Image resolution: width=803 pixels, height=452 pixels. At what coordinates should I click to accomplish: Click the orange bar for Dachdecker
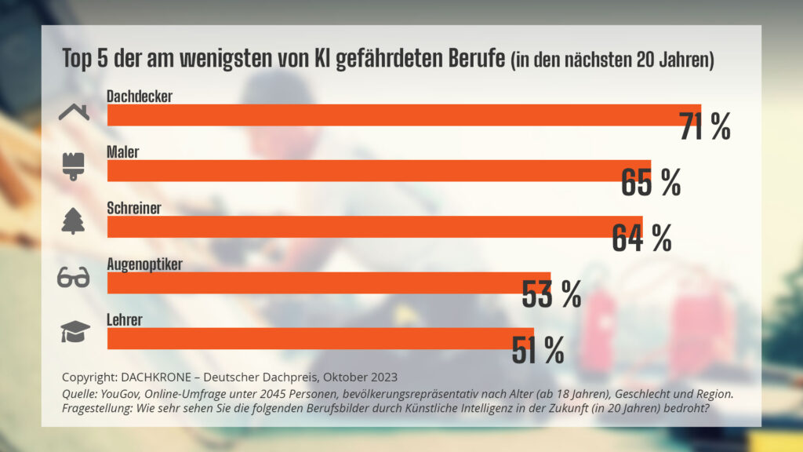[392, 115]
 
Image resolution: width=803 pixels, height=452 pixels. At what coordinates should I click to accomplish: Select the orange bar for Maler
[369, 170]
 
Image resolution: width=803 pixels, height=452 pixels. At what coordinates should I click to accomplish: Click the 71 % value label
[704, 126]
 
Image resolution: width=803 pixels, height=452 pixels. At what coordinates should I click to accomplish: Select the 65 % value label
[650, 182]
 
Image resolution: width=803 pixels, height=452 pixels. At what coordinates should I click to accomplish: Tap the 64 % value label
[641, 239]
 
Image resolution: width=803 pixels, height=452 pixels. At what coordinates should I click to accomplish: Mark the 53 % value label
[550, 294]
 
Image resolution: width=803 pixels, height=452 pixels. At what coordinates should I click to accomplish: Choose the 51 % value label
[537, 350]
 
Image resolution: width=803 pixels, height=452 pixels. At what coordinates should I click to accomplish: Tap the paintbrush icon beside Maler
[74, 166]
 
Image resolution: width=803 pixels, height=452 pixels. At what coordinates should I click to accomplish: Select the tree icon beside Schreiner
[74, 223]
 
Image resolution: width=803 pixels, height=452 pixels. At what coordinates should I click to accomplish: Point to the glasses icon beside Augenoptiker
[74, 278]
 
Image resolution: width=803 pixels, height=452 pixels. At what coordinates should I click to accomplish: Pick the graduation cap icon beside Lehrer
[75, 333]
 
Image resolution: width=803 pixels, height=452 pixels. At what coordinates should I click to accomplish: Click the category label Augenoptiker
[144, 264]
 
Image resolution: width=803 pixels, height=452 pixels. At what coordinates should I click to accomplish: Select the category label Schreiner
[135, 209]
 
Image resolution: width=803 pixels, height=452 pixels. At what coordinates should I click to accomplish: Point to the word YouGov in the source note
[122, 393]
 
